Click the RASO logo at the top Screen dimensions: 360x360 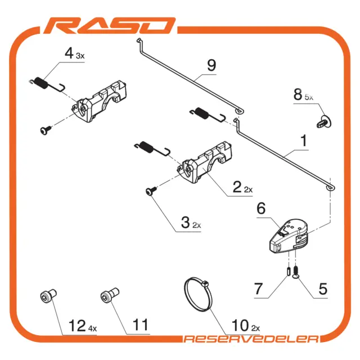tap(110, 26)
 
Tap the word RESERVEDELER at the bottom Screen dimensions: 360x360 tap(251, 339)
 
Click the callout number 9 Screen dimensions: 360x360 tap(211, 65)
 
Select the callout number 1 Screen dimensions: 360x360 tap(304, 141)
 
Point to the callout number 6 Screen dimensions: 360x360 tap(261, 209)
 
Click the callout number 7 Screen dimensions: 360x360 tap(258, 289)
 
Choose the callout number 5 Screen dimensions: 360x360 tap(323, 289)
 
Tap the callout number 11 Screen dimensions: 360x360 tap(140, 325)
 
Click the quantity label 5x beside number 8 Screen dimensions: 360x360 tap(309, 97)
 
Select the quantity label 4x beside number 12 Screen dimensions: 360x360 tap(92, 328)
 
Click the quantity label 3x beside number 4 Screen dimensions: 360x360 tap(80, 56)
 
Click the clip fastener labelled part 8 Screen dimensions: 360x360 tap(324, 121)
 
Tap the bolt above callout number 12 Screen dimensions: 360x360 tap(48, 296)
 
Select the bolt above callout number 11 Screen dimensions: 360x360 tap(110, 295)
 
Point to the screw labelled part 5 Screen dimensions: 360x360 tap(296, 272)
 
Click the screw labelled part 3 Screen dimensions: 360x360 tap(151, 191)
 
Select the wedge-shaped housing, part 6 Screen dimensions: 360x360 tap(289, 236)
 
